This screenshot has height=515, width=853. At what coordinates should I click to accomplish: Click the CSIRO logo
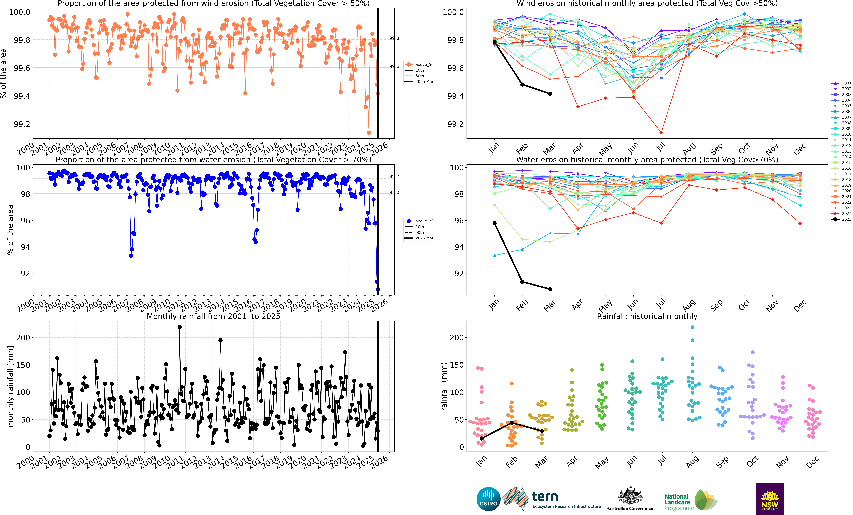click(488, 499)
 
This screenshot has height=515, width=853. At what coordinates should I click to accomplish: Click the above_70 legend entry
click(420, 221)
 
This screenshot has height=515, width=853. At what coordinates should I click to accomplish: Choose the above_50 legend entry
click(420, 64)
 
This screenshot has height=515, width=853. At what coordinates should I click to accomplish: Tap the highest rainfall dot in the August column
click(692, 327)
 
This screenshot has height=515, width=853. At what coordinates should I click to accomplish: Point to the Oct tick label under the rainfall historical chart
click(752, 462)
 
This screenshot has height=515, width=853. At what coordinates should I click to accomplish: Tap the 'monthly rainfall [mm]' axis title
click(10, 386)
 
